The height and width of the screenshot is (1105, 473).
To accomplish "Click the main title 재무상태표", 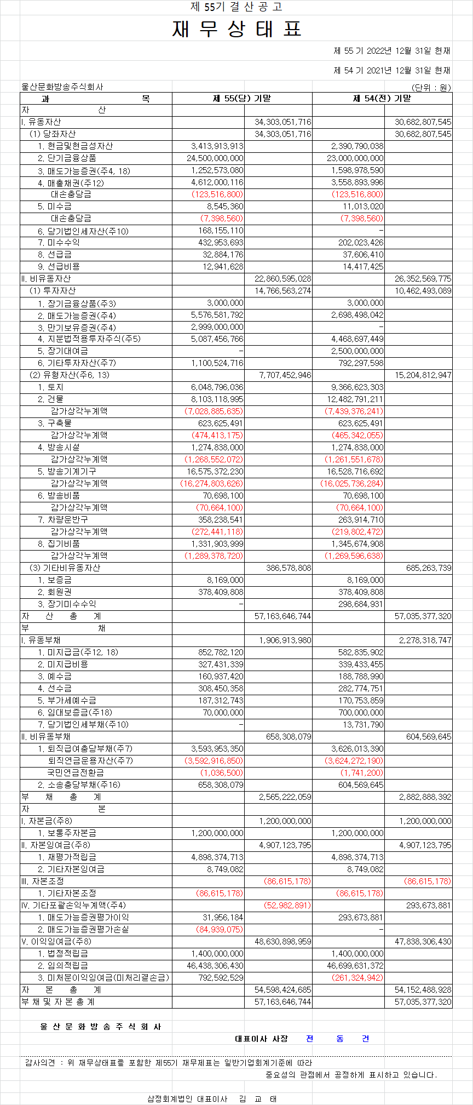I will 236,29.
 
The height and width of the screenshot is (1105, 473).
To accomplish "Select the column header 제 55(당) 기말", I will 242,99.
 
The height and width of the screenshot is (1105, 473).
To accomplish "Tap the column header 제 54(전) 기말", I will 382,99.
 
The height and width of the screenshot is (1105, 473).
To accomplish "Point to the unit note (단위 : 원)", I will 431,87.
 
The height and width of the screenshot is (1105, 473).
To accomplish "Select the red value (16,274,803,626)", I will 212,484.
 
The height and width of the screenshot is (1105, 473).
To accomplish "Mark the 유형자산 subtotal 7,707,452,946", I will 283,375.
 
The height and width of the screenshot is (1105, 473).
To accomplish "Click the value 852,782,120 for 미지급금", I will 221,652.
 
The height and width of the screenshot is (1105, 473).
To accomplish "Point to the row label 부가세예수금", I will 67,701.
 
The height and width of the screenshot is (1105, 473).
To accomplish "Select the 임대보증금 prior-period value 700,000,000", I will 361,713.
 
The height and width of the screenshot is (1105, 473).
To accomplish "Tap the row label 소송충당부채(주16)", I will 79,785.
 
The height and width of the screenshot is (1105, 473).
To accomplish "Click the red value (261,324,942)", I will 357,978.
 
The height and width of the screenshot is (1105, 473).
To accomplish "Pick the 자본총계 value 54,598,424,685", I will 283,990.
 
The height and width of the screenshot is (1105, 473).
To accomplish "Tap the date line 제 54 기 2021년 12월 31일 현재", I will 391,71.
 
